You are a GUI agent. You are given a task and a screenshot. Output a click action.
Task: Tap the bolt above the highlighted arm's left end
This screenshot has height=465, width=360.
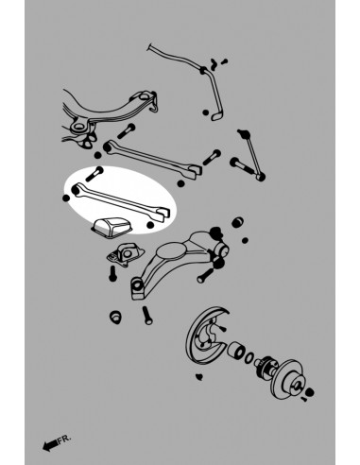coord(98,174)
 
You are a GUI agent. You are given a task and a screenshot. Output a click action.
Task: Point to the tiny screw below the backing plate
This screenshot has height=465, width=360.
coord(199,378)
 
